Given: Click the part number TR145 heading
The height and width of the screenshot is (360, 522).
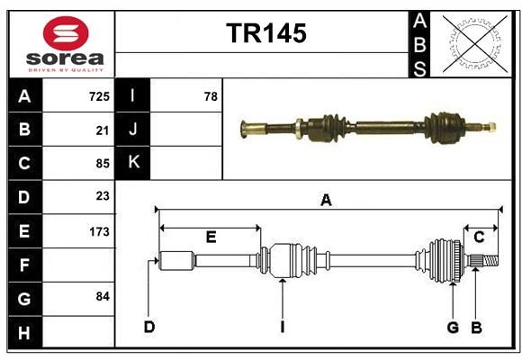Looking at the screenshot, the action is [x=266, y=33].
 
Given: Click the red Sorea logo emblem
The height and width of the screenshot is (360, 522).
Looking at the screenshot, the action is [x=66, y=33].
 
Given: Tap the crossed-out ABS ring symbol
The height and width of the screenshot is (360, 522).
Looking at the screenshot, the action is [x=475, y=43].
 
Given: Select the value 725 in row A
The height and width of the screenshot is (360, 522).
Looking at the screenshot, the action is [x=99, y=96].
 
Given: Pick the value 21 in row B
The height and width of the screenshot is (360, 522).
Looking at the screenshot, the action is [x=103, y=130].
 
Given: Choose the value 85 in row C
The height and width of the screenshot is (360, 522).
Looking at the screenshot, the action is [x=103, y=164].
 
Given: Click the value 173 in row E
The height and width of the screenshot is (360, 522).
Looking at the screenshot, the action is [x=99, y=231].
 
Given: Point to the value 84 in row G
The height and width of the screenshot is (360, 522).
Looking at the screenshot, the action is [x=103, y=296].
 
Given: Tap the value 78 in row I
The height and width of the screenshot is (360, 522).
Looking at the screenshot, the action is [x=211, y=96].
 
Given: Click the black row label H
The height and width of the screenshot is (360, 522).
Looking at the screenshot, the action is [x=25, y=332].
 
